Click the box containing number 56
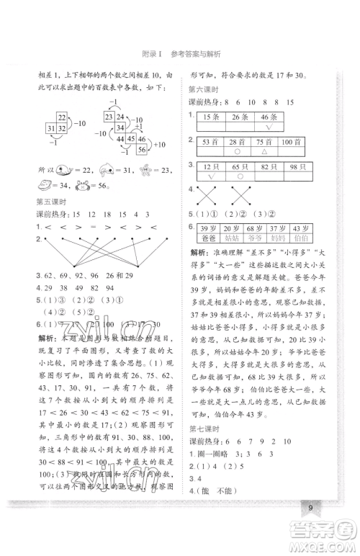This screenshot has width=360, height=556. pos(141,151)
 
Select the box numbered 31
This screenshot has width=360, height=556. pos(50,128)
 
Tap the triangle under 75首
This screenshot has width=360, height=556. pos(265,153)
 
